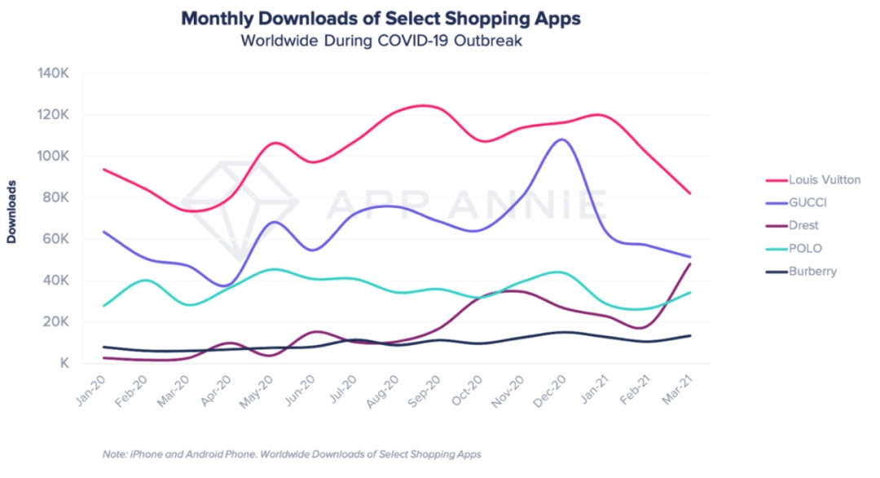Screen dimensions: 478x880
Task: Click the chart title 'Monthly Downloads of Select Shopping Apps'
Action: pos(381,18)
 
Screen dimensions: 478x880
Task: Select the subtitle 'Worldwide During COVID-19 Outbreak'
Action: pos(381,40)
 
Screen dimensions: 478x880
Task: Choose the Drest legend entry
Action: pos(803,225)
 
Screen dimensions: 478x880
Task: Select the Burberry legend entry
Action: pos(812,271)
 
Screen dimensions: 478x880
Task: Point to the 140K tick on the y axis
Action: pos(54,73)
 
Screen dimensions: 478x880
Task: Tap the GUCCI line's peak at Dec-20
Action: pos(562,139)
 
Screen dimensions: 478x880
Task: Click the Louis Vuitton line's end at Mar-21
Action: pos(691,194)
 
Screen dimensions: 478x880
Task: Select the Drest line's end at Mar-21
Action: pos(691,263)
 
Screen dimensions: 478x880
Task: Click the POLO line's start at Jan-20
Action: pos(103,306)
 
